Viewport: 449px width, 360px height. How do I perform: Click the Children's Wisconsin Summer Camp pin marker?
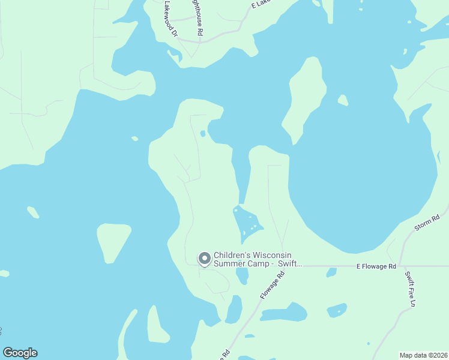coord(204,259)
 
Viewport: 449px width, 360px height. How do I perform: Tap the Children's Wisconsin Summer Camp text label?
coord(258,259)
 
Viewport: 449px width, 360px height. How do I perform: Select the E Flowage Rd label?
coord(376,266)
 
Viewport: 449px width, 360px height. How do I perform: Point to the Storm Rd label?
coord(427,223)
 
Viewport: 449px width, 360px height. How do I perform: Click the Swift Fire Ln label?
coord(410,289)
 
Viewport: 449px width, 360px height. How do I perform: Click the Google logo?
coord(20,353)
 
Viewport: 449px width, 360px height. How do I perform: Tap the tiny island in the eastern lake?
coord(343,100)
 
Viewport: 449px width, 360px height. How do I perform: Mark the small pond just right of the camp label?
coord(243,275)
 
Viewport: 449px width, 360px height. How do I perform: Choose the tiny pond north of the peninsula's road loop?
coord(203,133)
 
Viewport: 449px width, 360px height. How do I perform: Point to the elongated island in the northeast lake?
coord(305,99)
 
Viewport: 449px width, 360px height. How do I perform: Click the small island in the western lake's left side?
coord(33,212)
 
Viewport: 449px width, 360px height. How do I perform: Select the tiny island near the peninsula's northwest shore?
coord(135,139)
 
